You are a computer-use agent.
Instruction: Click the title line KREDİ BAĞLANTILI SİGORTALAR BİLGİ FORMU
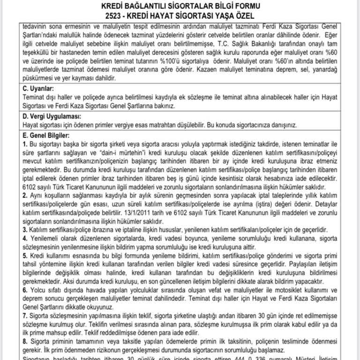180,6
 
